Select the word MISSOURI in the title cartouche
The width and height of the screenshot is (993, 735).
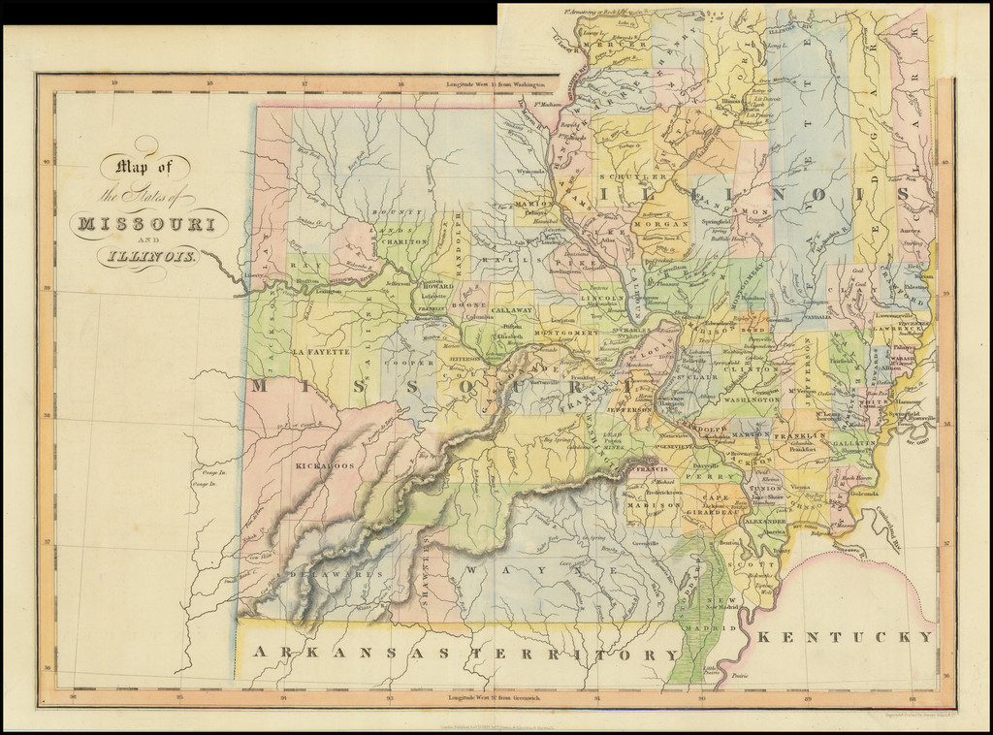click(147, 224)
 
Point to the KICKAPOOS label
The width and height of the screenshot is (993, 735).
click(324, 465)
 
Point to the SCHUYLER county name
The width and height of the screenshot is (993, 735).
click(632, 177)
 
